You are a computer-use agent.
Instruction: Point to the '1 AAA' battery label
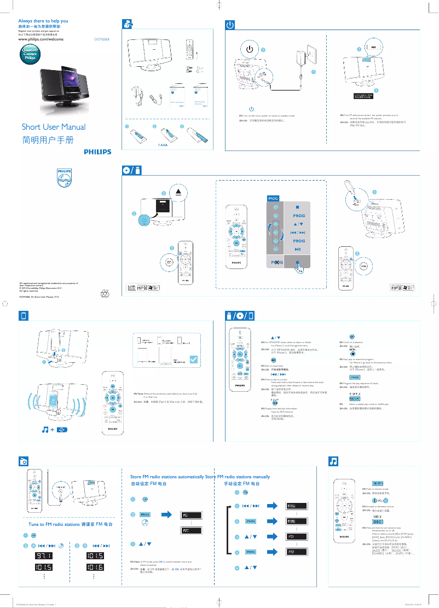pos(161,145)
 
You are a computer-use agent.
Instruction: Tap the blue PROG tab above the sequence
pos(273,198)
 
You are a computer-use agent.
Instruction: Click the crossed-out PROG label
pos(275,264)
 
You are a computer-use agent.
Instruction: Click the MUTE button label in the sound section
pos(377,484)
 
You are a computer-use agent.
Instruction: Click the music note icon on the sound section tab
pos(332,461)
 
